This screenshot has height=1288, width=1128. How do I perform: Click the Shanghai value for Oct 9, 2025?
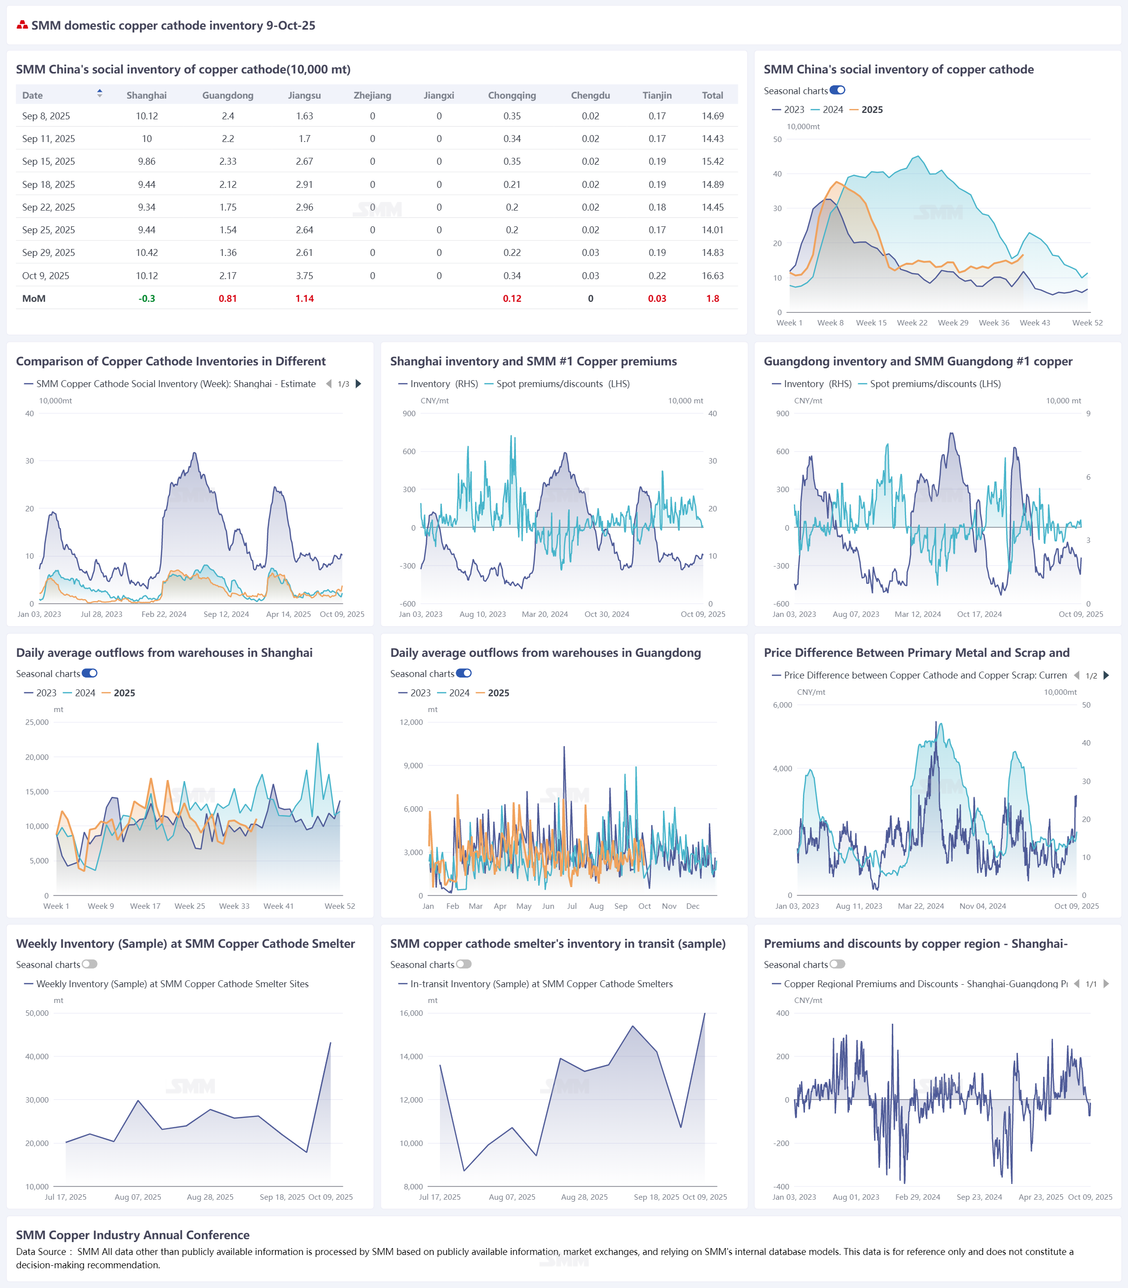(x=146, y=276)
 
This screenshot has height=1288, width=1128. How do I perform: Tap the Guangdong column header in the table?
(x=227, y=96)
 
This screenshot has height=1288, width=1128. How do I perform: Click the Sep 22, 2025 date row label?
(x=48, y=207)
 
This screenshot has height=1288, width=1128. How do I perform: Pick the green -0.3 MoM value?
(x=146, y=298)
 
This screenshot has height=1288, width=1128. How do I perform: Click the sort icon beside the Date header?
(x=100, y=94)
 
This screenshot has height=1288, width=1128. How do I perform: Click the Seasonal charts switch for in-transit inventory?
(x=464, y=965)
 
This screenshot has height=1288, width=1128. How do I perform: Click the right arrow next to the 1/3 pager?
(x=359, y=384)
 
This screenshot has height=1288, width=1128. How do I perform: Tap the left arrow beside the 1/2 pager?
(x=1076, y=675)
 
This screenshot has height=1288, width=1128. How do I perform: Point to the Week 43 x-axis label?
(x=1034, y=323)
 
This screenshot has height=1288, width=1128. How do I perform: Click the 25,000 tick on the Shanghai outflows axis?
(x=37, y=722)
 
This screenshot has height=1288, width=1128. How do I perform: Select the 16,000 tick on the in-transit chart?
(x=411, y=1013)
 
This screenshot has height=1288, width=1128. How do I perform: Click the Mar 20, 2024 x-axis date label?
(x=545, y=614)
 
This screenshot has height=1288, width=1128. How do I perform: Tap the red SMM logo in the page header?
(x=22, y=25)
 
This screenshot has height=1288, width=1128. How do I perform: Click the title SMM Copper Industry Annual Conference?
(x=133, y=1235)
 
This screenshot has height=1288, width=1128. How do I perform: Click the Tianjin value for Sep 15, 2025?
(x=656, y=162)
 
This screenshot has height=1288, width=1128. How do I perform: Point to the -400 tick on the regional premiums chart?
(x=781, y=1187)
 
